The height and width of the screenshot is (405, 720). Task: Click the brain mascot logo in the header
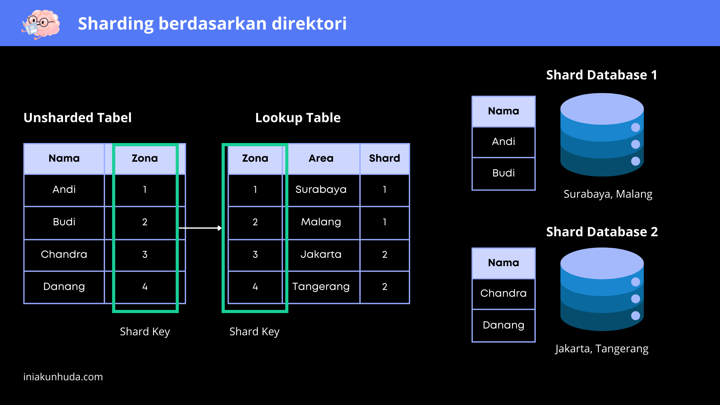click(x=41, y=24)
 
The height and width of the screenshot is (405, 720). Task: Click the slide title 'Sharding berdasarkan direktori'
click(x=212, y=23)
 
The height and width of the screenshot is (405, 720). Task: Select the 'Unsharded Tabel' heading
click(x=77, y=118)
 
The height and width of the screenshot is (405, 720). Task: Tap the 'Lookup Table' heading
click(x=298, y=118)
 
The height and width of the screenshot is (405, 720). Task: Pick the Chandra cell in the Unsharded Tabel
click(x=64, y=255)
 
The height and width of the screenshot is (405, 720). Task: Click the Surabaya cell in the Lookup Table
click(x=321, y=190)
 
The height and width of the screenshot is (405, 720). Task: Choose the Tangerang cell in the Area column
click(x=321, y=287)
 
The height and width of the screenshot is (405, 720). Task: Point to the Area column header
click(x=321, y=158)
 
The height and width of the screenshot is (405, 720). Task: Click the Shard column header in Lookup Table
click(x=385, y=158)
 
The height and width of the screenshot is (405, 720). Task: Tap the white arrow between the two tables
click(x=200, y=228)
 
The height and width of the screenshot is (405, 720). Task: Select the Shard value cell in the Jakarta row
click(x=385, y=255)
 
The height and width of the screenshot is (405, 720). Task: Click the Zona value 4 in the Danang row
click(x=145, y=287)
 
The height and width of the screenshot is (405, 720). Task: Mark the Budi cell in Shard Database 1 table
click(x=504, y=173)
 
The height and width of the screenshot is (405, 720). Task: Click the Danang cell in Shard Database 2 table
click(x=504, y=325)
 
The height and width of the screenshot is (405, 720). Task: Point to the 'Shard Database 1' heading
click(x=602, y=75)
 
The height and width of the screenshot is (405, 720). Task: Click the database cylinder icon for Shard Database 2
click(x=602, y=289)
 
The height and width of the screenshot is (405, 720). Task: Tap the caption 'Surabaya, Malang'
click(x=608, y=194)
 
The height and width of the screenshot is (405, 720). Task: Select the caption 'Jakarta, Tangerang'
click(x=602, y=349)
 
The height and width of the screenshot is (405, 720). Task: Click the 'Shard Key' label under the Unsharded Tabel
click(x=145, y=332)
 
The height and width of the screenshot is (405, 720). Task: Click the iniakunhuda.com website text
click(x=63, y=377)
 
